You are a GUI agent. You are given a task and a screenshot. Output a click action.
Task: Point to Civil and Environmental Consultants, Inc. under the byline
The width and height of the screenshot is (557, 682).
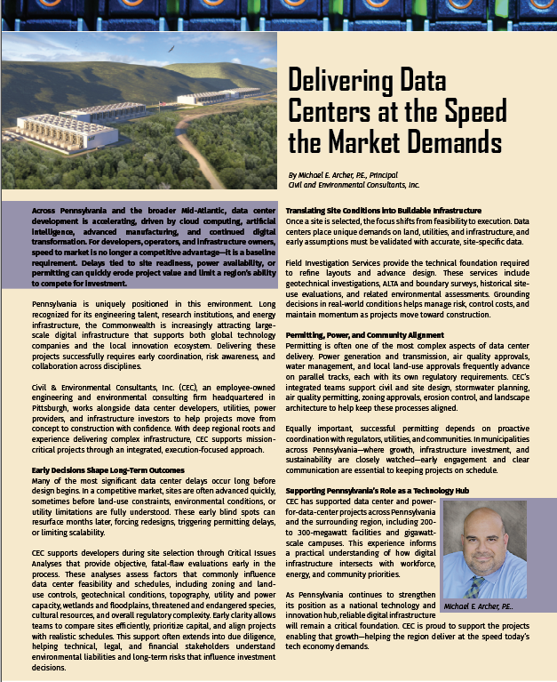[x=354, y=185]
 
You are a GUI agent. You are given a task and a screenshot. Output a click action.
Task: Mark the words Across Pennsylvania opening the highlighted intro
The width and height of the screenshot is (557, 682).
[x=68, y=209]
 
